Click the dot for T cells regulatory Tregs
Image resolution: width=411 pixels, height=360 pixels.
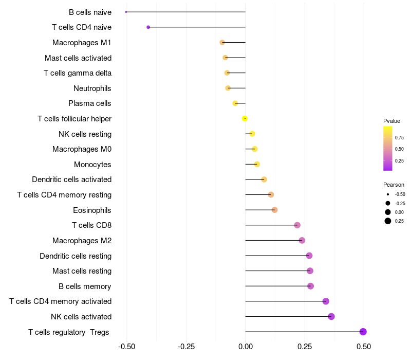363,332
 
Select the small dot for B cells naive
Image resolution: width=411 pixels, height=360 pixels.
126,12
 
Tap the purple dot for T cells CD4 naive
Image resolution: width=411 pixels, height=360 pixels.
148,27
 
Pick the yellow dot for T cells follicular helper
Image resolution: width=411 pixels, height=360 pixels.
245,119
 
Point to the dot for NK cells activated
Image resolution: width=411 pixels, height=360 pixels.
331,316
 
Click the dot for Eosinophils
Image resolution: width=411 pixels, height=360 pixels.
274,210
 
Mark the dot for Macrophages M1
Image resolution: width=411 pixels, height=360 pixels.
222,42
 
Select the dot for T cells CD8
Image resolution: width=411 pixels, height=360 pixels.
297,225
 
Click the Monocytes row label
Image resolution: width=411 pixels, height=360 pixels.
92,165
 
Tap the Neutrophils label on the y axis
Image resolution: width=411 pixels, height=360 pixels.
92,88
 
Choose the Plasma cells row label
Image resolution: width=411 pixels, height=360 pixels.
89,103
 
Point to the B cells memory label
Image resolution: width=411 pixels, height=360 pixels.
85,286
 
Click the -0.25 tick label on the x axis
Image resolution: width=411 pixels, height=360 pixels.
186,347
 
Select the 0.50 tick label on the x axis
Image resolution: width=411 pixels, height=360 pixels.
364,347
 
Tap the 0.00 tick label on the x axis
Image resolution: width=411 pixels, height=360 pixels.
246,347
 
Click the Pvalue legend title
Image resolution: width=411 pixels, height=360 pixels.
391,121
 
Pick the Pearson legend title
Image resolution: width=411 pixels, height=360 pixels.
394,185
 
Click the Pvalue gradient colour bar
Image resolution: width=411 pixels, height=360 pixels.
388,149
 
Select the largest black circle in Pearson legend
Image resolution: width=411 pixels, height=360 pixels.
388,221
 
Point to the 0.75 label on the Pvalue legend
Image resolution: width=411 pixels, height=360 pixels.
399,138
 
